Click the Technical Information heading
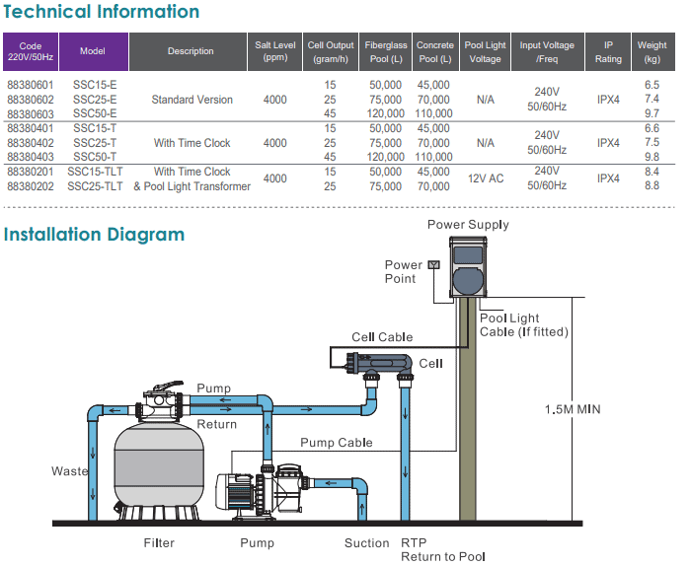pos(101,13)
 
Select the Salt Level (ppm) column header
pos(275,51)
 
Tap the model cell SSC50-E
pos(95,114)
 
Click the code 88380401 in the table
pos(31,128)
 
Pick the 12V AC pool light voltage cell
pos(485,178)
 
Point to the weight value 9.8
pos(652,157)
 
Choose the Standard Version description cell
pos(192,100)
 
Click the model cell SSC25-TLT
pos(95,185)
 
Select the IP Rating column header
pos(608,51)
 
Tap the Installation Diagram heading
pos(94,235)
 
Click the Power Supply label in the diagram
pos(468,225)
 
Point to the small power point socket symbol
pos(432,265)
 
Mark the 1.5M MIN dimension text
pos(573,409)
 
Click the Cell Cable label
pos(382,338)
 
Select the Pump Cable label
pos(336,443)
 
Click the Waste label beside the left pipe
pos(69,471)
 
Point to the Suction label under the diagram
pos(366,543)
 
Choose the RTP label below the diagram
pos(414,543)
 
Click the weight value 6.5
pos(652,86)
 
